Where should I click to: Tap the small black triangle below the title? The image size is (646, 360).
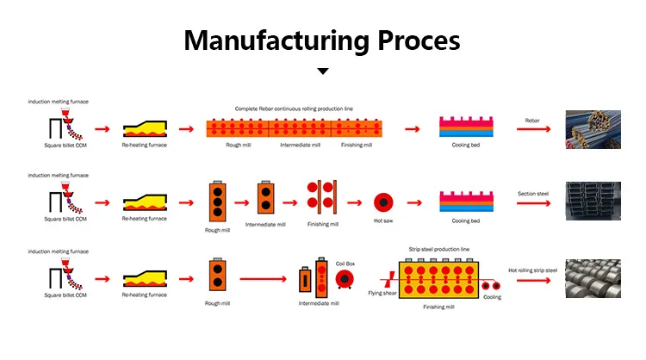click(x=323, y=72)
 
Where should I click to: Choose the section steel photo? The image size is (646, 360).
click(x=593, y=202)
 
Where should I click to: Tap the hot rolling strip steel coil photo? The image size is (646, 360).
click(x=593, y=278)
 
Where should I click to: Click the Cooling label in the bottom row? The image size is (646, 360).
click(x=492, y=297)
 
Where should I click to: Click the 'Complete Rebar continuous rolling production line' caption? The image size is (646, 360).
click(x=294, y=109)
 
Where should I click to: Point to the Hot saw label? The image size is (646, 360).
click(x=383, y=221)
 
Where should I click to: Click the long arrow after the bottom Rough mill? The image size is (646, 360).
click(x=263, y=279)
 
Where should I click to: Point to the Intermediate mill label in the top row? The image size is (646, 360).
click(x=299, y=146)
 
